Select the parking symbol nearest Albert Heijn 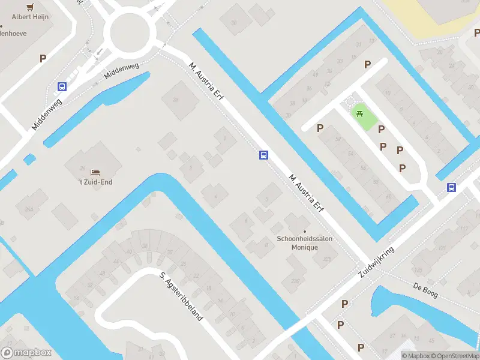coord(43,58)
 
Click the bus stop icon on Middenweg coord(62,86)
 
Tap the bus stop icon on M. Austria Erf coord(263,155)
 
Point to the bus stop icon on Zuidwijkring coord(451,187)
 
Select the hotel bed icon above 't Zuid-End coord(95,173)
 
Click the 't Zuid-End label coord(95,182)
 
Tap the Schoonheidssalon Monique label coord(304,242)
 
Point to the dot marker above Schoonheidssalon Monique coord(305,231)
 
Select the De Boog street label coord(426,290)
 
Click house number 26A coord(28,209)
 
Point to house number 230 coord(295,280)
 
